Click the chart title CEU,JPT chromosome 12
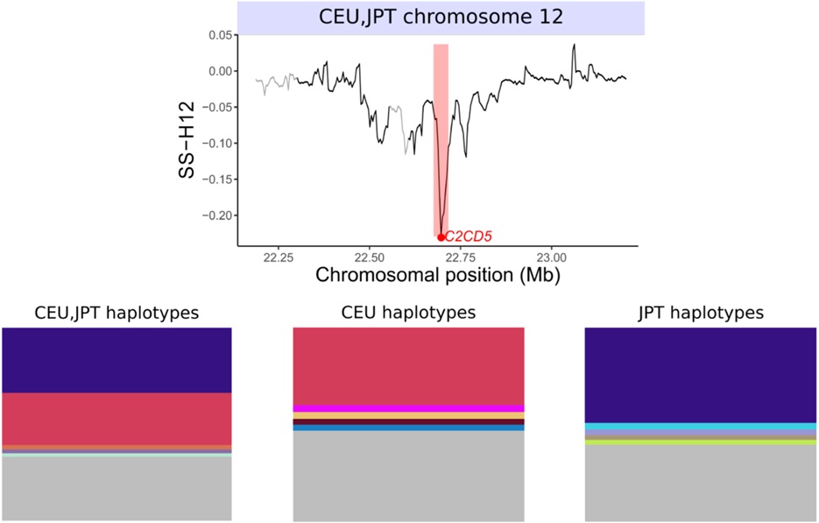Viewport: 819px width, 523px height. tap(441, 18)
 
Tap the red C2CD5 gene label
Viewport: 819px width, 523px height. tap(469, 236)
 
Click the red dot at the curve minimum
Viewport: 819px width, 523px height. tap(441, 237)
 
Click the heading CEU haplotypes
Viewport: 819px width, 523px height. tap(407, 312)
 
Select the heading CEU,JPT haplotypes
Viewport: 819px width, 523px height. tap(116, 312)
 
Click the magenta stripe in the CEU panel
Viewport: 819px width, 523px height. tap(407, 408)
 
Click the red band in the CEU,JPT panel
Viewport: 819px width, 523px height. tap(116, 419)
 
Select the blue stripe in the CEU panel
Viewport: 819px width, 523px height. tap(407, 428)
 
